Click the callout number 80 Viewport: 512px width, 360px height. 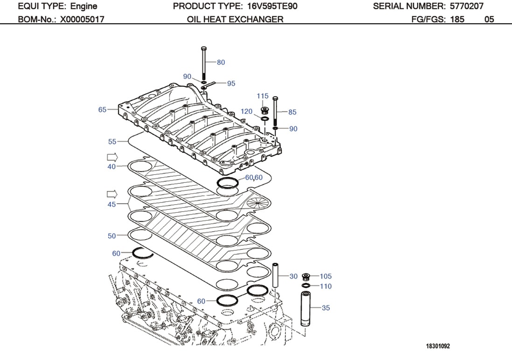[x=221, y=62]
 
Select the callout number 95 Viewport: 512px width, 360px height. [x=231, y=83]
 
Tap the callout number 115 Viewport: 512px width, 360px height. [x=263, y=96]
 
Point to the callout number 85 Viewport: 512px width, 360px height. [x=292, y=112]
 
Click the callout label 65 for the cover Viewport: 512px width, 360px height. [x=103, y=110]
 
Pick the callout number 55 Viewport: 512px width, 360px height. [x=112, y=141]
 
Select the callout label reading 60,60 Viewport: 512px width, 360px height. [x=254, y=177]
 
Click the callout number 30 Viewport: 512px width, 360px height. [x=293, y=276]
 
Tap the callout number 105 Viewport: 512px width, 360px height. [x=325, y=276]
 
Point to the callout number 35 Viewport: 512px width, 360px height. [x=325, y=307]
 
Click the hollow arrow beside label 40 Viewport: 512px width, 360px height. [x=112, y=156]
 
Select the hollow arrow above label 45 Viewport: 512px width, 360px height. [x=112, y=194]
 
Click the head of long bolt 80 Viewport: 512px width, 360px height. [x=203, y=48]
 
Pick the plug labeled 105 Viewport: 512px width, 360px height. [x=306, y=276]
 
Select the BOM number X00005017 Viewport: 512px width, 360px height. [x=82, y=19]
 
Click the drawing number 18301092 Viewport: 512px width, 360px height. [x=437, y=346]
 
